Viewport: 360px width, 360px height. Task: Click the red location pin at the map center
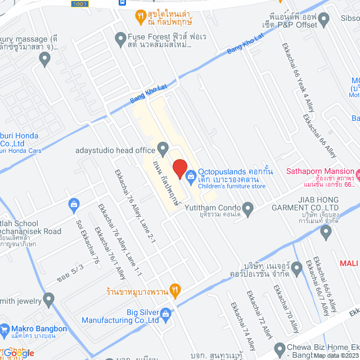click(179, 169)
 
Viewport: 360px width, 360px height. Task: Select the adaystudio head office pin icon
click(163, 149)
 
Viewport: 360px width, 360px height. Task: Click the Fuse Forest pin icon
click(120, 39)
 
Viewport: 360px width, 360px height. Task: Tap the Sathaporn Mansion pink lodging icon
click(355, 172)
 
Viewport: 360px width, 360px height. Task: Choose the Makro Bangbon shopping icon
click(4, 328)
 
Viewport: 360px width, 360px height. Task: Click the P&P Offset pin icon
click(323, 21)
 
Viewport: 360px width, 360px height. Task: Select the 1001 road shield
click(79, 3)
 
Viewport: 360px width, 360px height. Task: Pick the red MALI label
click(349, 263)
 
